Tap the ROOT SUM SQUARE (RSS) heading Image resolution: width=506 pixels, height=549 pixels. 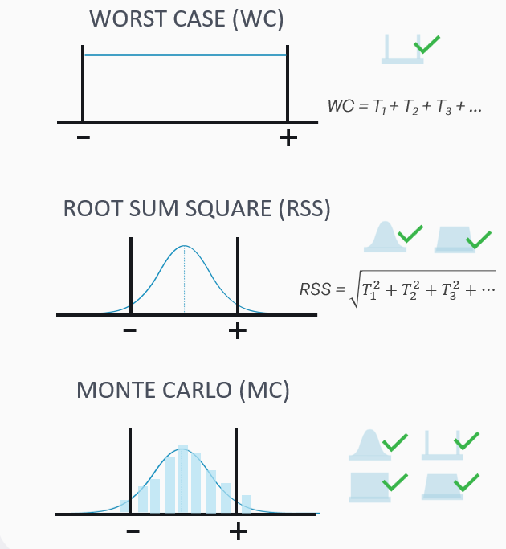(x=197, y=209)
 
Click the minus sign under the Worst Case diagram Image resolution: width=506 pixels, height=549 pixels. (x=84, y=138)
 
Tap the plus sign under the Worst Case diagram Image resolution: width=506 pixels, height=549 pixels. (x=288, y=138)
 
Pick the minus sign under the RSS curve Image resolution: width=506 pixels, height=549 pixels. (x=131, y=330)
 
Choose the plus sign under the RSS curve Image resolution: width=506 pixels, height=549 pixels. (x=237, y=330)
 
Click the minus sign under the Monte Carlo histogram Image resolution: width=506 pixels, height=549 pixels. (x=133, y=531)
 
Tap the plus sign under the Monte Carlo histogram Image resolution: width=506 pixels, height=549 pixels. (x=238, y=531)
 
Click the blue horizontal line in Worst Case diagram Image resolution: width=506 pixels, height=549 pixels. (x=185, y=55)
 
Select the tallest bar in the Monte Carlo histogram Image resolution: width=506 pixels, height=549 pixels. (x=184, y=478)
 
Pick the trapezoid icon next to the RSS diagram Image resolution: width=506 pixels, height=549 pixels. (x=452, y=238)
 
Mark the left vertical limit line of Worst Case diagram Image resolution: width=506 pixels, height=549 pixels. (x=84, y=84)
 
